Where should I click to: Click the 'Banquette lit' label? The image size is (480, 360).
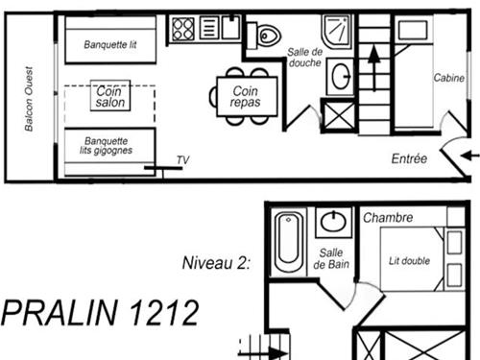[x=110, y=43]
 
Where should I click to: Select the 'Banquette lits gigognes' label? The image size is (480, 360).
[x=107, y=145]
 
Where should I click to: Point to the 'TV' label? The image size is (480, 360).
[x=182, y=160]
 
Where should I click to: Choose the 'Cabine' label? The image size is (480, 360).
[x=447, y=79]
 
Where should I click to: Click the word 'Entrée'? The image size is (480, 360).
[x=409, y=158]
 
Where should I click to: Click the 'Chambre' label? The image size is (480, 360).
[x=388, y=217]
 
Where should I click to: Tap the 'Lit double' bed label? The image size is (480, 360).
[x=409, y=260]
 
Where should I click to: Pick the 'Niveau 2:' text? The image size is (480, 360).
[x=215, y=261]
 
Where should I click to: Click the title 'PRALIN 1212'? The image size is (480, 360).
[x=100, y=314]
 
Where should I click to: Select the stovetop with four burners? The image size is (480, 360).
[x=183, y=29]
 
